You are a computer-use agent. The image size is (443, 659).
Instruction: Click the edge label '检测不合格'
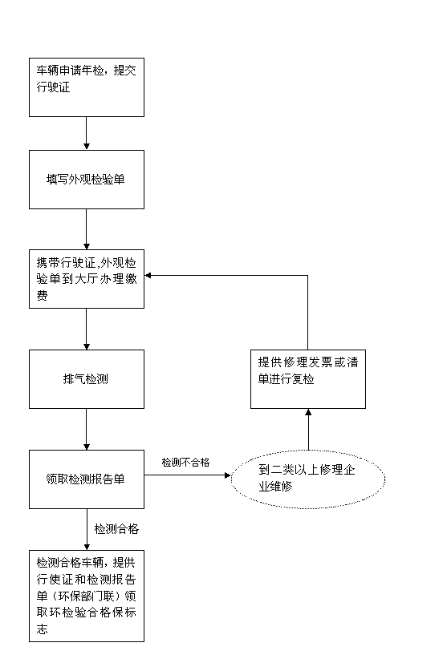[185, 463]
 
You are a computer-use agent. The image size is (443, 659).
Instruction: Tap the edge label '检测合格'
[116, 528]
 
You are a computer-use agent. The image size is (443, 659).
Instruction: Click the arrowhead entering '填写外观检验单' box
[86, 147]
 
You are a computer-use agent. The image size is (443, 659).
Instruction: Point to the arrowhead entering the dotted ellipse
[228, 475]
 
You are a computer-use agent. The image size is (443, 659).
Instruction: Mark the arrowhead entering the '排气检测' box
[86, 346]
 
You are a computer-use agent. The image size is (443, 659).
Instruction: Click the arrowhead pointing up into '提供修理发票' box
[308, 412]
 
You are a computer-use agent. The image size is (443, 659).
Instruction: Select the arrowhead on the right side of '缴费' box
[148, 276]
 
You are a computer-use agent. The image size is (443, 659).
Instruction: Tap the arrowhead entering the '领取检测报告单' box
[86, 447]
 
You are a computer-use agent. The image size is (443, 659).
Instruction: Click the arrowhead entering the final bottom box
[87, 547]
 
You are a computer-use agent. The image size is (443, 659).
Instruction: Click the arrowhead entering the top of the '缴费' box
[86, 246]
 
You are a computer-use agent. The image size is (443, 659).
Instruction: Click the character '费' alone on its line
[42, 296]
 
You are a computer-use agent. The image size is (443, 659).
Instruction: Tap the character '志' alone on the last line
[42, 629]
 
